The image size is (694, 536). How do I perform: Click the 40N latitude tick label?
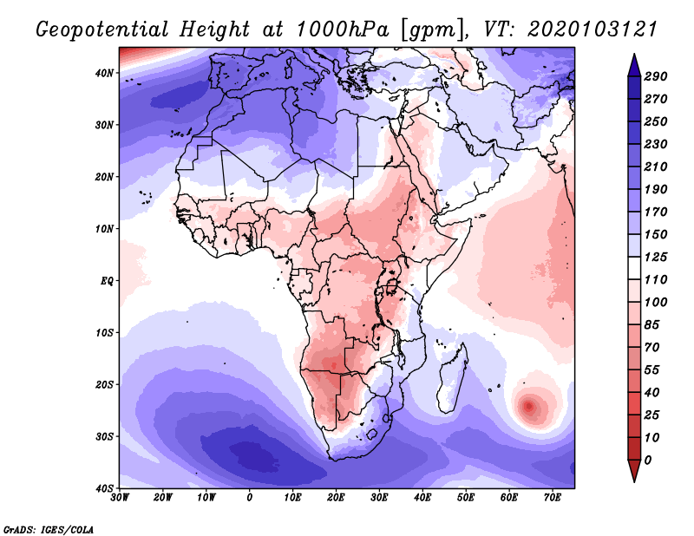(105, 73)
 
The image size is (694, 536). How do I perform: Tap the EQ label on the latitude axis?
(107, 281)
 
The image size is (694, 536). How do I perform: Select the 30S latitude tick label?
(105, 436)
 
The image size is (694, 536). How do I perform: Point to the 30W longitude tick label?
(120, 497)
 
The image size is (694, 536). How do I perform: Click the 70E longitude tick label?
(552, 497)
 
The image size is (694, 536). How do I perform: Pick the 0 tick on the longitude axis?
(250, 497)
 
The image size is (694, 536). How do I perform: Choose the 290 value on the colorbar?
(655, 77)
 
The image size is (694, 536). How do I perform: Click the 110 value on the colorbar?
(655, 280)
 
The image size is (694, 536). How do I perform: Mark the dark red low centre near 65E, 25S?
(530, 405)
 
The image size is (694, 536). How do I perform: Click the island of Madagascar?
(451, 378)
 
